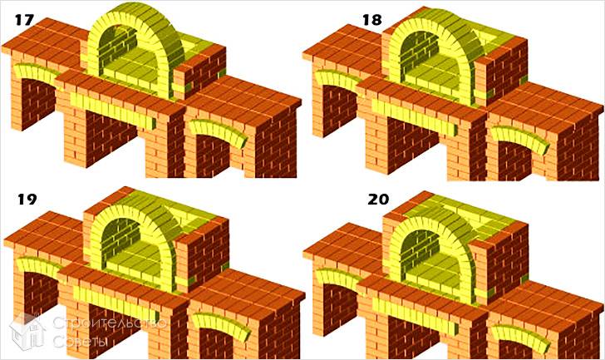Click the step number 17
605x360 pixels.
click(24, 20)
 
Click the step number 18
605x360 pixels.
click(372, 20)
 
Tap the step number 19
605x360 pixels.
click(27, 199)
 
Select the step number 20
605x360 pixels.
click(378, 199)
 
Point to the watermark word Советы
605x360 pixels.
click(81, 341)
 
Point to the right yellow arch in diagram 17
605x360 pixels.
click(219, 131)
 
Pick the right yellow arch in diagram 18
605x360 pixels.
click(519, 138)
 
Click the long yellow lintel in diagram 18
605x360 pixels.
click(416, 116)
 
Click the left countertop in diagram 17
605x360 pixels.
click(47, 42)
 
